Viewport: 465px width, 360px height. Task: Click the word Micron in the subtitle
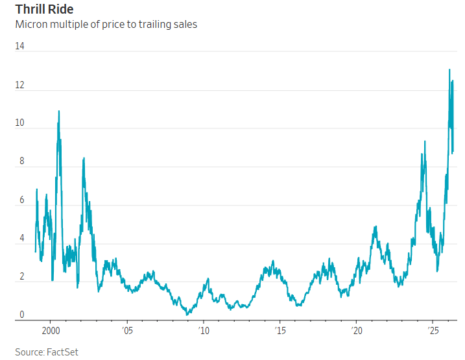point(32,25)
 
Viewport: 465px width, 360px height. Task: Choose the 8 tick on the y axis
point(21,162)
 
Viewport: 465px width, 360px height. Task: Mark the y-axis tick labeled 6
point(21,200)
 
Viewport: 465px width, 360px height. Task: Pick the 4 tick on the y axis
point(21,239)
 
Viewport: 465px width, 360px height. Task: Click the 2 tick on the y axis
point(21,277)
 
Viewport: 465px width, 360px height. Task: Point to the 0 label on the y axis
point(21,315)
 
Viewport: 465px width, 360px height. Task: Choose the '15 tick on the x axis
point(280,331)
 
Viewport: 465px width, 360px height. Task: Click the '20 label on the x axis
point(356,331)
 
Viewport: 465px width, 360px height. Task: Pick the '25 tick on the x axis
point(433,331)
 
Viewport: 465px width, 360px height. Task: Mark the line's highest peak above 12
point(449,69)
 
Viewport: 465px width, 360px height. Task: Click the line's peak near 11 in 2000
point(59,111)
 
